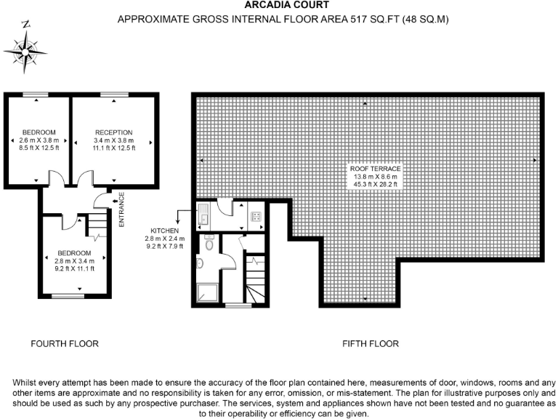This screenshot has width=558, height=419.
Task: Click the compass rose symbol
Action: [27, 50]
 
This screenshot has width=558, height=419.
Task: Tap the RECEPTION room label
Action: [113, 132]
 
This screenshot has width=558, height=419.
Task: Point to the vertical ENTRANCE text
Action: [121, 209]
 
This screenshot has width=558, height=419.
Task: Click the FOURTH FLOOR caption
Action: [64, 343]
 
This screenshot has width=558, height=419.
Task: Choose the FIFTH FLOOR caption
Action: [371, 343]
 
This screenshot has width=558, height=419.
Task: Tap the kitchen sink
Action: [204, 215]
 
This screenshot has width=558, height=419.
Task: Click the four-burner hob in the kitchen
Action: [256, 215]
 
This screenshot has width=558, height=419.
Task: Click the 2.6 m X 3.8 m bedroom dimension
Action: [38, 140]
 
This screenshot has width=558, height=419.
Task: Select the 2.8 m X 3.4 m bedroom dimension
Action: [76, 261]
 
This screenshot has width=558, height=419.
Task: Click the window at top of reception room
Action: [111, 95]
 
